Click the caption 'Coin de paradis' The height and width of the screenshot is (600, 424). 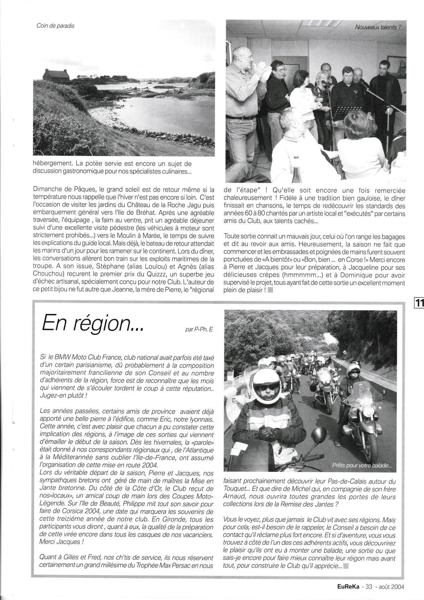[x=55, y=26]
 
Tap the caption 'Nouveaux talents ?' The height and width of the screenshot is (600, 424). [x=378, y=27]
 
